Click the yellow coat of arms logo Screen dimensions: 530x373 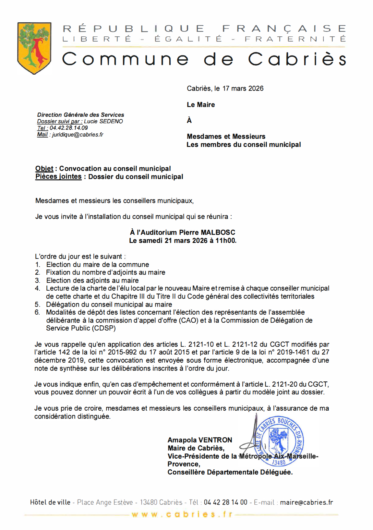(x=34, y=48)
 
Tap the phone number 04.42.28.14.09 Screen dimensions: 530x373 (x=69, y=128)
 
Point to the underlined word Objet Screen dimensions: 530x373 (x=44, y=169)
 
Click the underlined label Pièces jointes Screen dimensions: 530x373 (x=58, y=177)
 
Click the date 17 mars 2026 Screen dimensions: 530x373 (x=243, y=89)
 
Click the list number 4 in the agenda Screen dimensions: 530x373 (x=38, y=288)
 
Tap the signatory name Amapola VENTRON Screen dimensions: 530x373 (x=200, y=440)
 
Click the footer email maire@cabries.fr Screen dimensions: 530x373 (x=306, y=502)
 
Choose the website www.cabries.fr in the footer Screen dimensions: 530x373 (x=182, y=514)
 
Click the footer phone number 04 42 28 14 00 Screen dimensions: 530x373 (x=225, y=502)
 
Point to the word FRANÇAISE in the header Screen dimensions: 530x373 (x=284, y=29)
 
